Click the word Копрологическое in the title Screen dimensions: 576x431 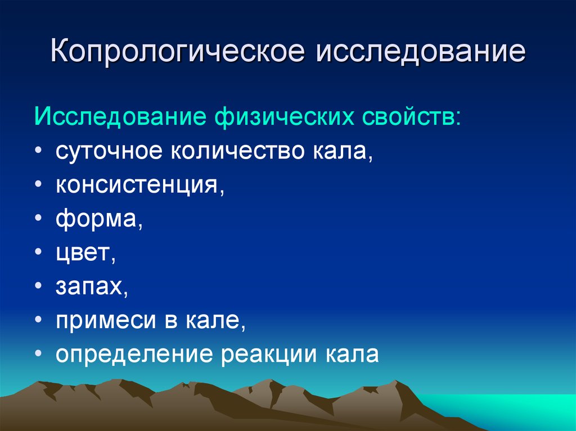177,51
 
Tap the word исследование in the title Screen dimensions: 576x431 421,51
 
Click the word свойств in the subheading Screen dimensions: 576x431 408,117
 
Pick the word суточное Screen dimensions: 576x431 109,151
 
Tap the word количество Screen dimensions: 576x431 237,151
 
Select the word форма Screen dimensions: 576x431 96,219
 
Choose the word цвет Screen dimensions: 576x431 83,252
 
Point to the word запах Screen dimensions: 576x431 89,287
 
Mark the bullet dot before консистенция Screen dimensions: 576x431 39,185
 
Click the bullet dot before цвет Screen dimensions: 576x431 39,252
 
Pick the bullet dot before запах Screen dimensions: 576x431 39,287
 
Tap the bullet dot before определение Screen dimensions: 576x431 39,354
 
